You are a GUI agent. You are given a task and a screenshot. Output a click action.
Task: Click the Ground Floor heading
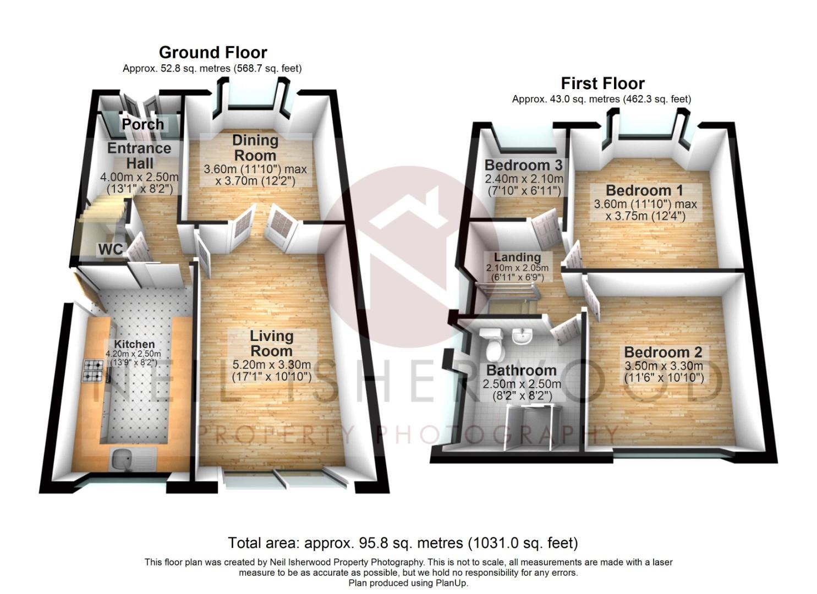[213, 52]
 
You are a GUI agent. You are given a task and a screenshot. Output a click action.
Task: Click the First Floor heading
[602, 84]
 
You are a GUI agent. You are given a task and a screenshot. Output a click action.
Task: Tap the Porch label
[143, 124]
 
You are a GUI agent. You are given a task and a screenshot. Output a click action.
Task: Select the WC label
[111, 249]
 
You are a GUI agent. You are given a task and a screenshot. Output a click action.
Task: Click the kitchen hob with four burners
[94, 371]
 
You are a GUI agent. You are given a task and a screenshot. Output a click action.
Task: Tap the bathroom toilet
[492, 345]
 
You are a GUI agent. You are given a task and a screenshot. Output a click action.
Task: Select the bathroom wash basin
[522, 335]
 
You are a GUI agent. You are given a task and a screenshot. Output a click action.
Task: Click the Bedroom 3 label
[523, 165]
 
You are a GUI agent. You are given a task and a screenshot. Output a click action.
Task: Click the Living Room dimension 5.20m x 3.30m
[272, 364]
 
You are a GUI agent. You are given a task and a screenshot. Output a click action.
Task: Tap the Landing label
[517, 257]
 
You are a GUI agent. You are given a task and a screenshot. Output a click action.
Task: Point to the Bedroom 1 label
[644, 190]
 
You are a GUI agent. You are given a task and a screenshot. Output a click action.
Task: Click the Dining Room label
[255, 148]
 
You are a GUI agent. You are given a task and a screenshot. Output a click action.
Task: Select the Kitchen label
[134, 344]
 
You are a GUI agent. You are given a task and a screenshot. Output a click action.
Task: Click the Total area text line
[403, 543]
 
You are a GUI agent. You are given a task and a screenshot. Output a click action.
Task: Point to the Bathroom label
[522, 371]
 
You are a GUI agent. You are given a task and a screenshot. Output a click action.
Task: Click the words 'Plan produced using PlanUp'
[408, 583]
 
